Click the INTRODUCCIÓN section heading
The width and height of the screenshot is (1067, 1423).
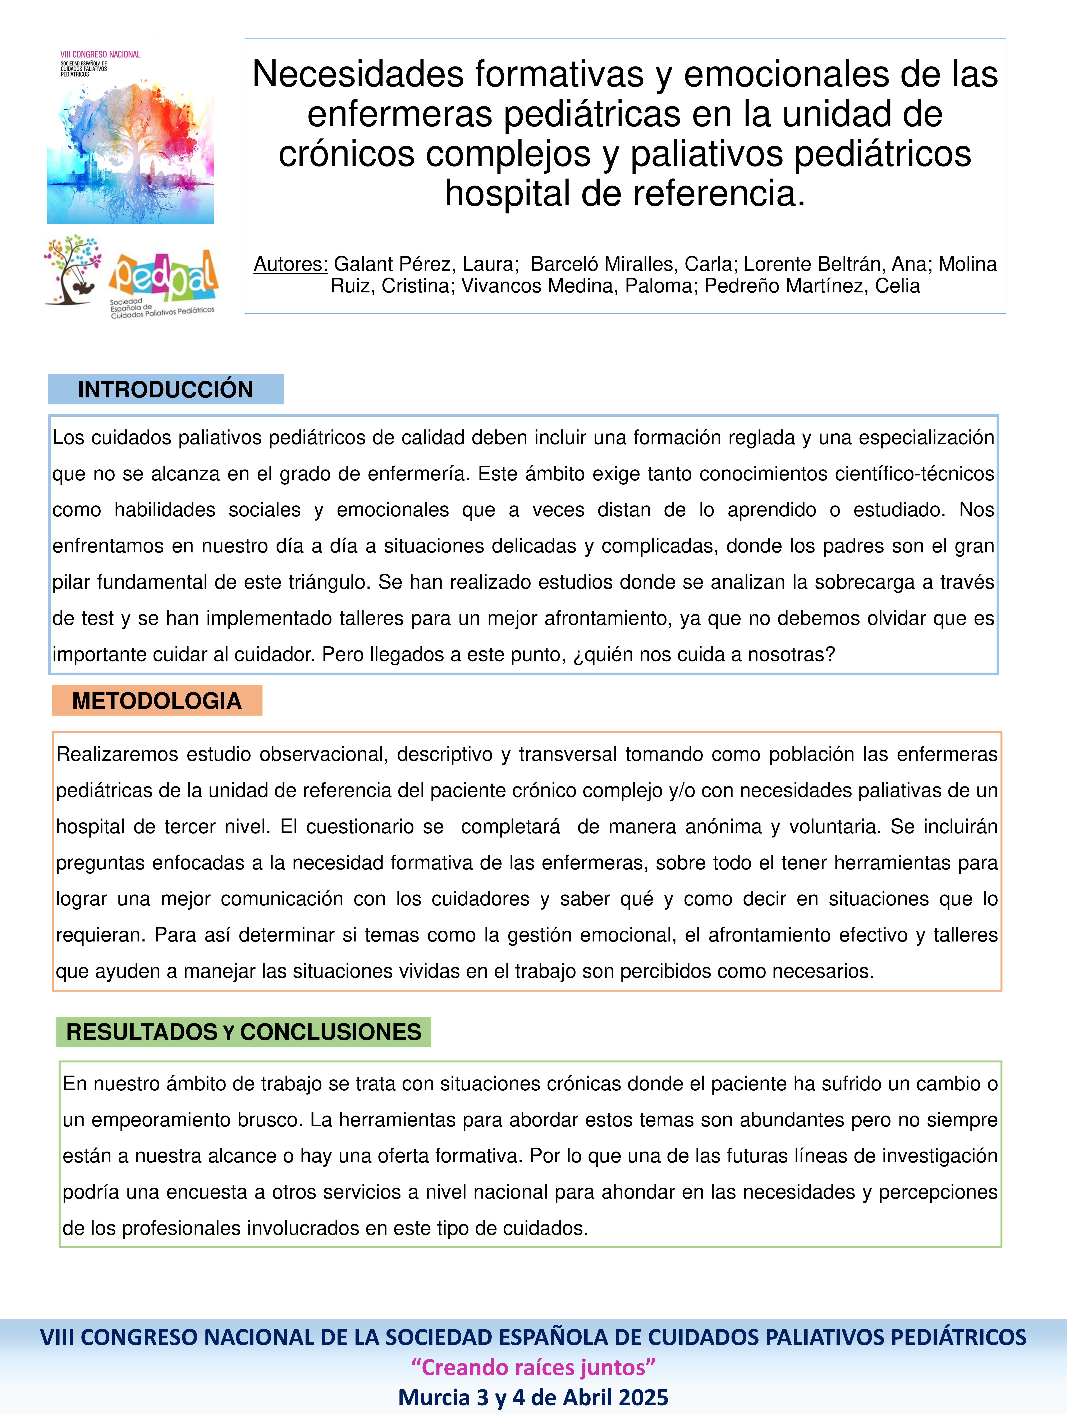click(x=165, y=389)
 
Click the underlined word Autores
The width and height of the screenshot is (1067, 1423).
click(x=291, y=264)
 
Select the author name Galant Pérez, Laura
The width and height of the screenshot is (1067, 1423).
click(x=426, y=264)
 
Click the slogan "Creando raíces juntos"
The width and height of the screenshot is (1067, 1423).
click(x=533, y=1367)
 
